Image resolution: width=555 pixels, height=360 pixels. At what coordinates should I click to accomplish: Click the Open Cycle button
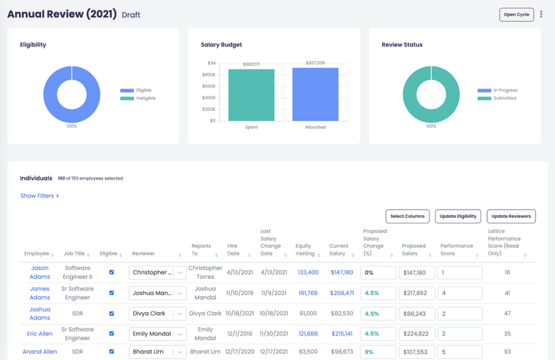pos(516,15)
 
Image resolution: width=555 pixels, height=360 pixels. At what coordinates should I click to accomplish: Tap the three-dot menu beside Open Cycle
pos(542,15)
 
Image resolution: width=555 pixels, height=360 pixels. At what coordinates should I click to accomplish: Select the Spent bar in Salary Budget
pos(251,94)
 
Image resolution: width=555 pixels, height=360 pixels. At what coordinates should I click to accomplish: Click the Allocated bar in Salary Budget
pos(315,94)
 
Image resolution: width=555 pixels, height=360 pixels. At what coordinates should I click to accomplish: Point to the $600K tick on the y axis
pos(208,86)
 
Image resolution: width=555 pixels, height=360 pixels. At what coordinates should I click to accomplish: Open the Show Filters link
pos(40,196)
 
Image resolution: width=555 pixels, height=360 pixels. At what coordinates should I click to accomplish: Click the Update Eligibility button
pos(457,216)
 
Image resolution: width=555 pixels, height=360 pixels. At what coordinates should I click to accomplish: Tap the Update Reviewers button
pos(511,216)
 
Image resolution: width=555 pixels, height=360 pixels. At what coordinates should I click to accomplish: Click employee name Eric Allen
pos(40,334)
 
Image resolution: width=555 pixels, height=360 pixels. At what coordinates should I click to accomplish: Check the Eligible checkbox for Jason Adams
pos(111,273)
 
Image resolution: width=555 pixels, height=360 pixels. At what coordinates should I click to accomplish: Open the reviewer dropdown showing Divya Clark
pos(158,314)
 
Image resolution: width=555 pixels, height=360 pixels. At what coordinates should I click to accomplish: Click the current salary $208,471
pos(341,293)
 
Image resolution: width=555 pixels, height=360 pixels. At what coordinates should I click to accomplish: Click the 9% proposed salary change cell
pos(377,352)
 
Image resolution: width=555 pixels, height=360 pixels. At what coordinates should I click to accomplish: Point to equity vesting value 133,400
pos(308,273)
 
